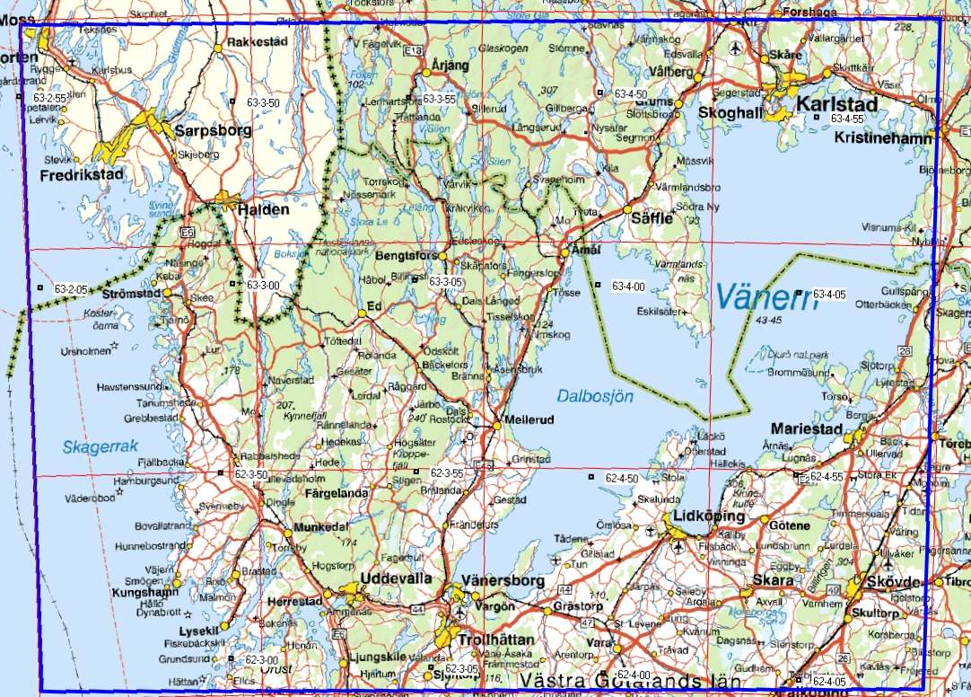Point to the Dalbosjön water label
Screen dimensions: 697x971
pos(595,395)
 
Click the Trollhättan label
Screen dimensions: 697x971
pos(495,640)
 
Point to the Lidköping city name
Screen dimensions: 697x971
pos(708,517)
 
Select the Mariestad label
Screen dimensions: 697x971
pos(807,429)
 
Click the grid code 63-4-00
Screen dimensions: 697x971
pos(628,287)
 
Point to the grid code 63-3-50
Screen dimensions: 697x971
pos(263,103)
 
